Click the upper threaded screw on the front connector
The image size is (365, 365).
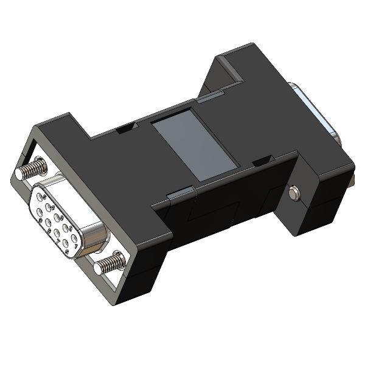32,168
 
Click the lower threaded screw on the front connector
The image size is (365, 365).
110,263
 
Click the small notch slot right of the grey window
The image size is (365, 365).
260,161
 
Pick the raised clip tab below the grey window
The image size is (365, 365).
181,195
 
